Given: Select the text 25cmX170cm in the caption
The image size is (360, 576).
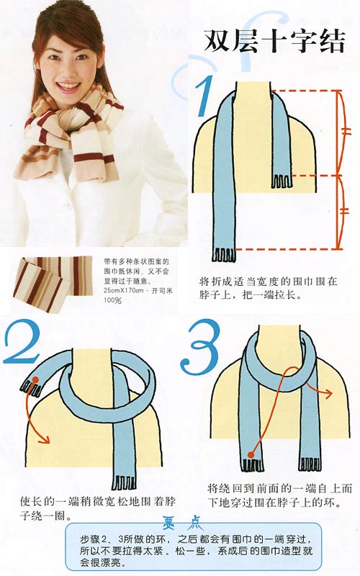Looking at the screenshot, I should tap(120, 289).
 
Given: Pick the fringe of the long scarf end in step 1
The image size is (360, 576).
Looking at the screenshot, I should tap(223, 254).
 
